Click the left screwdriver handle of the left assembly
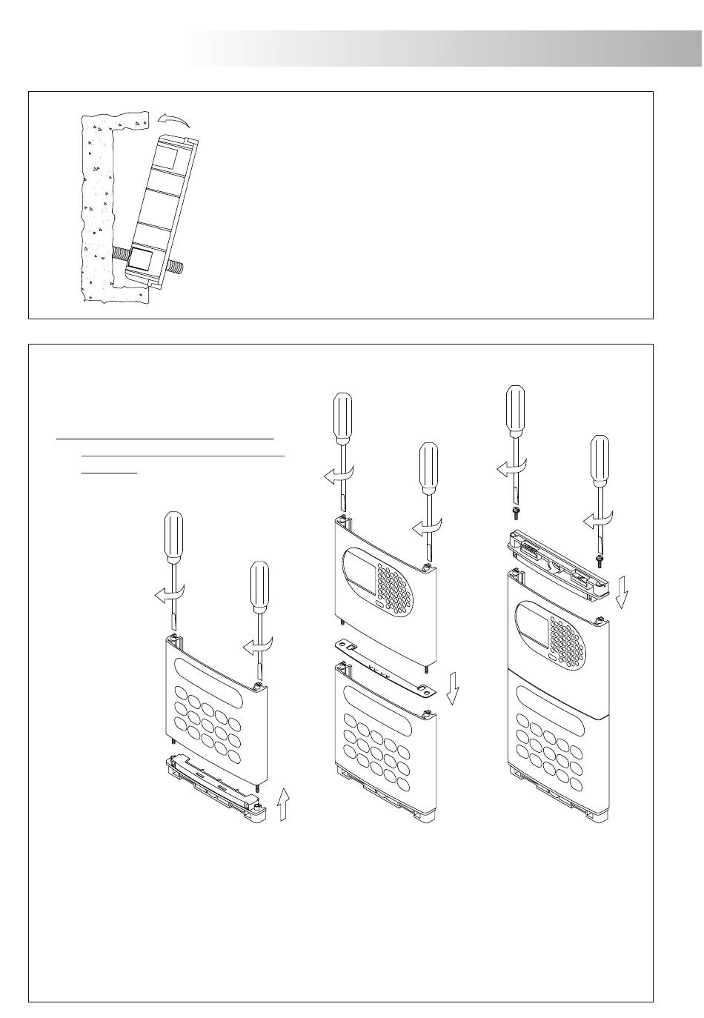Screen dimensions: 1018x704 coord(173,536)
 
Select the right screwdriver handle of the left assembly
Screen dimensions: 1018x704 coord(259,586)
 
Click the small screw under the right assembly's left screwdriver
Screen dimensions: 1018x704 coord(514,511)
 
